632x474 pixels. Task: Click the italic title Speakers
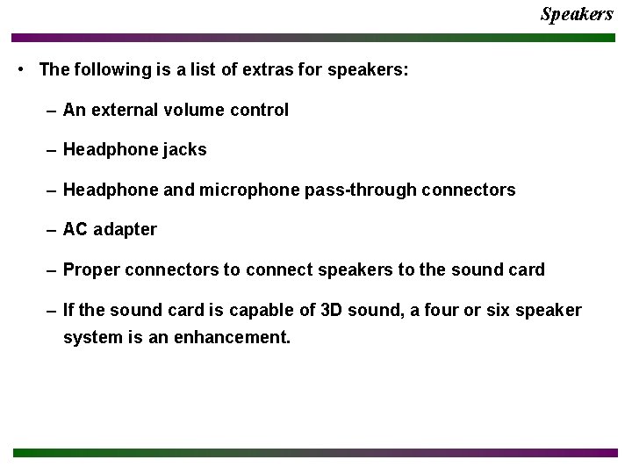[x=577, y=14]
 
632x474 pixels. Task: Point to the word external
[x=122, y=111]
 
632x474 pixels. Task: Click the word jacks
[x=184, y=150]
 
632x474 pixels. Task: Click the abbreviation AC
[x=75, y=230]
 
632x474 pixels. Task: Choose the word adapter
[x=125, y=230]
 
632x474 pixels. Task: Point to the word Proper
[x=91, y=269]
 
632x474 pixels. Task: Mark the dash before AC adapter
[x=53, y=230]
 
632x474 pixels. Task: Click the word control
[x=260, y=111]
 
